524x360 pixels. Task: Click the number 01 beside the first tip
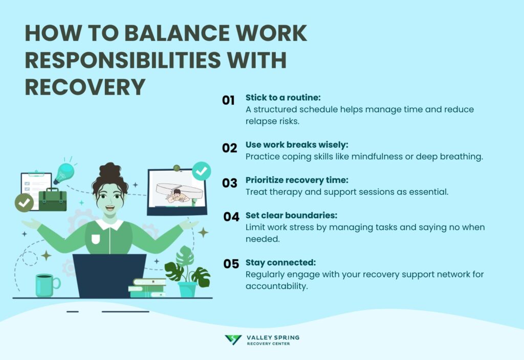[x=228, y=100]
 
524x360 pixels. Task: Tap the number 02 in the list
[x=229, y=148]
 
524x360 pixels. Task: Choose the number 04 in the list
[x=231, y=217]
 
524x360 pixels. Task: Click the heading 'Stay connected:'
[x=280, y=263]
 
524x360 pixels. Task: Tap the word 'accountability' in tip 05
[x=276, y=286]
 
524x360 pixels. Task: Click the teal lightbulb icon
[x=64, y=174]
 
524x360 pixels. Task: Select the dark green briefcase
[x=53, y=199]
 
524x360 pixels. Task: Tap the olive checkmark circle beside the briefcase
[x=24, y=202]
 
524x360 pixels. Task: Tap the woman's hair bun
[x=110, y=170]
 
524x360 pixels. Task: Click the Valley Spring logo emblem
[x=233, y=340]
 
